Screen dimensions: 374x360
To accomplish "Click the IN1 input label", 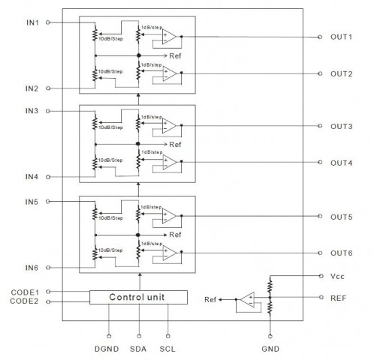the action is pyautogui.click(x=32, y=22).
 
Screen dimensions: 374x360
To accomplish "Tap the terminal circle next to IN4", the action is pyautogui.click(x=48, y=177).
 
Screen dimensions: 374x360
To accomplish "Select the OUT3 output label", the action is pyautogui.click(x=341, y=126).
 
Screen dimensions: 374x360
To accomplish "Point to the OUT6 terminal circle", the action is pyautogui.click(x=320, y=253).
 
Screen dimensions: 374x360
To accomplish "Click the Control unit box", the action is pyautogui.click(x=138, y=297).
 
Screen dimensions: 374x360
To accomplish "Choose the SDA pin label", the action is pyautogui.click(x=138, y=349).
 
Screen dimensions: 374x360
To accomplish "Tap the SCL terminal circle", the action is pyautogui.click(x=168, y=336).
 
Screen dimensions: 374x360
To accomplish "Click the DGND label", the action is pyautogui.click(x=107, y=349).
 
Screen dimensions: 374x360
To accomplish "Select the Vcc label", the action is pyautogui.click(x=337, y=276).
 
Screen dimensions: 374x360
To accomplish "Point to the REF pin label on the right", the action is pyautogui.click(x=338, y=298).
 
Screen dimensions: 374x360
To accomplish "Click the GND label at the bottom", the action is pyautogui.click(x=270, y=349).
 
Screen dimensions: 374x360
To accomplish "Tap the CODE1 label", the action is pyautogui.click(x=25, y=292).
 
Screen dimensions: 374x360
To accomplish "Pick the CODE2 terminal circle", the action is pyautogui.click(x=48, y=301).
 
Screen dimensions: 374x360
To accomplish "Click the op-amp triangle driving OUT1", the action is pyautogui.click(x=169, y=37).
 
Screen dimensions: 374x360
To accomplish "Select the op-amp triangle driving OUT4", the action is pyautogui.click(x=170, y=162).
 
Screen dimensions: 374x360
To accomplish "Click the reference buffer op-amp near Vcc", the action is pyautogui.click(x=248, y=299).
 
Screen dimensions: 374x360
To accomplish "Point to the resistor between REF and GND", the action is pyautogui.click(x=270, y=307).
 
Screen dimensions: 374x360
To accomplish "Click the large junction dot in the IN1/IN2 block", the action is pyautogui.click(x=139, y=55).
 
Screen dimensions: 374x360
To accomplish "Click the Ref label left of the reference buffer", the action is pyautogui.click(x=210, y=299).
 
